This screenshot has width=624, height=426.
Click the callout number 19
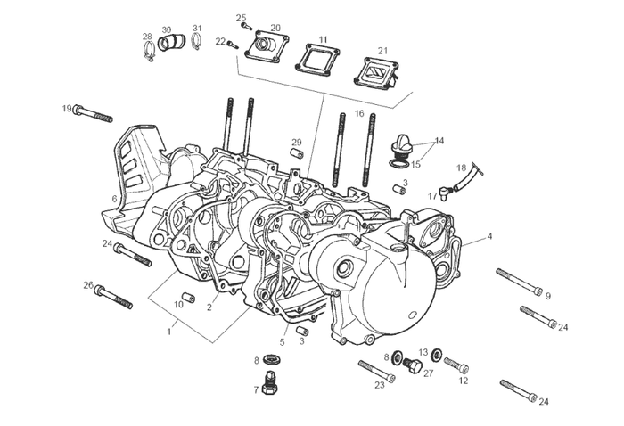[x=67, y=109]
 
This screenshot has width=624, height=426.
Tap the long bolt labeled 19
[x=94, y=113]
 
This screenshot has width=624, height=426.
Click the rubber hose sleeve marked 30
[x=171, y=41]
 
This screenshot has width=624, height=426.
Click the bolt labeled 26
[x=114, y=296]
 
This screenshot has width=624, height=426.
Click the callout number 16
[x=359, y=114]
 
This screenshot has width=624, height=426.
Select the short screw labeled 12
[x=455, y=365]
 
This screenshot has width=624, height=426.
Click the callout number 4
[x=489, y=238]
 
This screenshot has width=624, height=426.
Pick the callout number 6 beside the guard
[x=114, y=198]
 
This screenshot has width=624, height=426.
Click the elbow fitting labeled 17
[x=442, y=189]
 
